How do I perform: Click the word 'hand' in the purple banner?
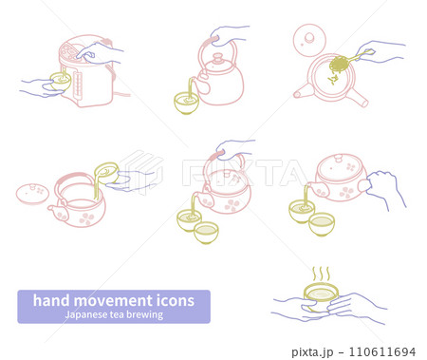coord(51,300)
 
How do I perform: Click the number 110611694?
coord(382,351)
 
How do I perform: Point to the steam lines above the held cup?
coord(321,275)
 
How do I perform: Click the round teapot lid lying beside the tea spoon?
coord(309,40)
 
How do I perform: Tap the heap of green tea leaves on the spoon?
coord(339,64)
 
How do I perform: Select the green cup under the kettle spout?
coord(187,103)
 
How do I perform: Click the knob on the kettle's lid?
coord(217,58)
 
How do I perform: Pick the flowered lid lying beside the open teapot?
coord(32,194)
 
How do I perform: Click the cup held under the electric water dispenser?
coord(61,82)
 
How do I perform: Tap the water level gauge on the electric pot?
coord(78,85)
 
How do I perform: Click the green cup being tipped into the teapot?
coord(106,172)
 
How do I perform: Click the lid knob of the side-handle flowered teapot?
coord(339,158)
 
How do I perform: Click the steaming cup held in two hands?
coord(321,297)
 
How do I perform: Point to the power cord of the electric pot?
coord(121,94)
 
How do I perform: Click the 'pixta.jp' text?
coord(312,352)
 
